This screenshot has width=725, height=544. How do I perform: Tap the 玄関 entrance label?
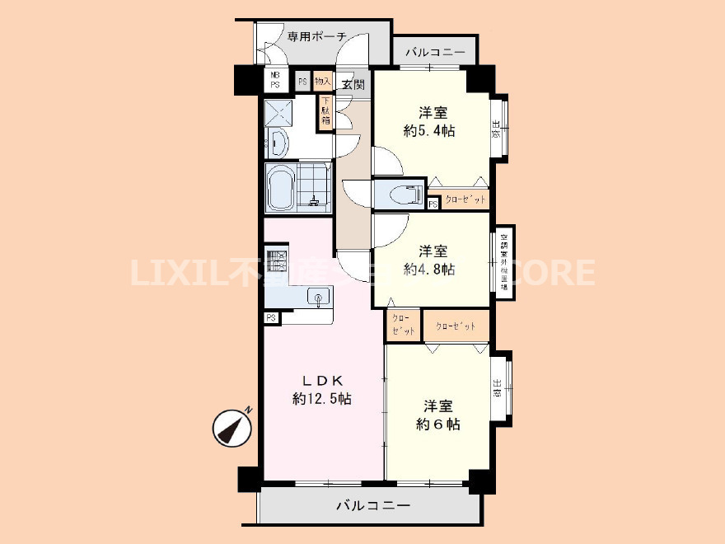click(x=353, y=82)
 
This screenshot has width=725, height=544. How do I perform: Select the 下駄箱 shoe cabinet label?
click(x=326, y=111)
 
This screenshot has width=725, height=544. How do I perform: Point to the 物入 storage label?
click(x=323, y=81)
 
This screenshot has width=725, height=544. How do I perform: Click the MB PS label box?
click(x=274, y=80)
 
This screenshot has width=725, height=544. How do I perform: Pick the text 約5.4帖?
click(x=429, y=130)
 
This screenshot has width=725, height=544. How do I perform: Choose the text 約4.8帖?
click(x=429, y=269)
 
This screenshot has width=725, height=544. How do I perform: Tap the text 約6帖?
click(x=437, y=424)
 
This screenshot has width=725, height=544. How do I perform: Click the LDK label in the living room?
click(x=322, y=380)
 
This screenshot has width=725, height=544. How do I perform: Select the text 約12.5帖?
click(x=322, y=399)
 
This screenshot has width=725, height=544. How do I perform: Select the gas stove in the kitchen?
click(x=274, y=262)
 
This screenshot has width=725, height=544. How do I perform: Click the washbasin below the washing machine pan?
click(x=276, y=146)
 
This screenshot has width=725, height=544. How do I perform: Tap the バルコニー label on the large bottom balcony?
click(x=372, y=505)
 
